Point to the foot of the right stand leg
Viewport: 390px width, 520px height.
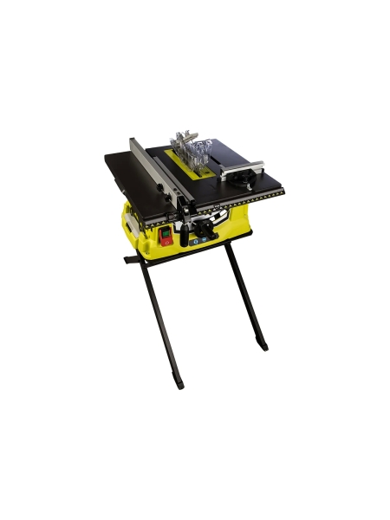coord(263,347)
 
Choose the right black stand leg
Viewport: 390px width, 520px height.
coord(247,295)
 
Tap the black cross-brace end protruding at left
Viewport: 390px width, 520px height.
coord(129,258)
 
